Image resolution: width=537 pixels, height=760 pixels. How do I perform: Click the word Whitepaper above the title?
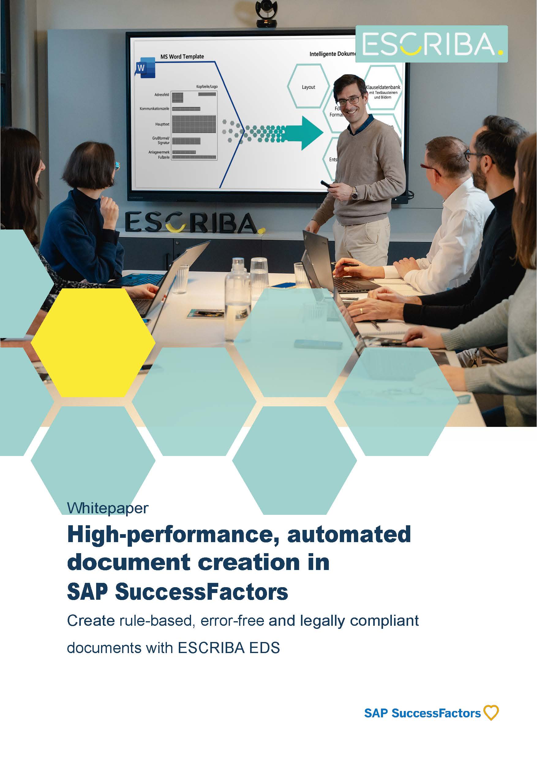point(107,508)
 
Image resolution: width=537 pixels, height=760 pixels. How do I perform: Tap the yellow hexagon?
point(93,342)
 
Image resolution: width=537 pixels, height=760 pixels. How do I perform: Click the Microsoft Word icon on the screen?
point(145,67)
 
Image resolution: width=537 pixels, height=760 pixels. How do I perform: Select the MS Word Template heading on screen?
point(182,57)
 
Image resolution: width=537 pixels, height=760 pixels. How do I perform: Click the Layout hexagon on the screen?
point(308,87)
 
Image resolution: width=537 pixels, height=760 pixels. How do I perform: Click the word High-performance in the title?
point(173,535)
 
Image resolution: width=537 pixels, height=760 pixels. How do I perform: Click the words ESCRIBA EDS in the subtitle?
point(229,648)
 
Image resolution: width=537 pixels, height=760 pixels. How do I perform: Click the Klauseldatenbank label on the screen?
point(383,87)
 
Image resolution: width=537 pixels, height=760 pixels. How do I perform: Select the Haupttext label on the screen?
point(162,124)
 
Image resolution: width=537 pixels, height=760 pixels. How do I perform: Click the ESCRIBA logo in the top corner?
point(431,44)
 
